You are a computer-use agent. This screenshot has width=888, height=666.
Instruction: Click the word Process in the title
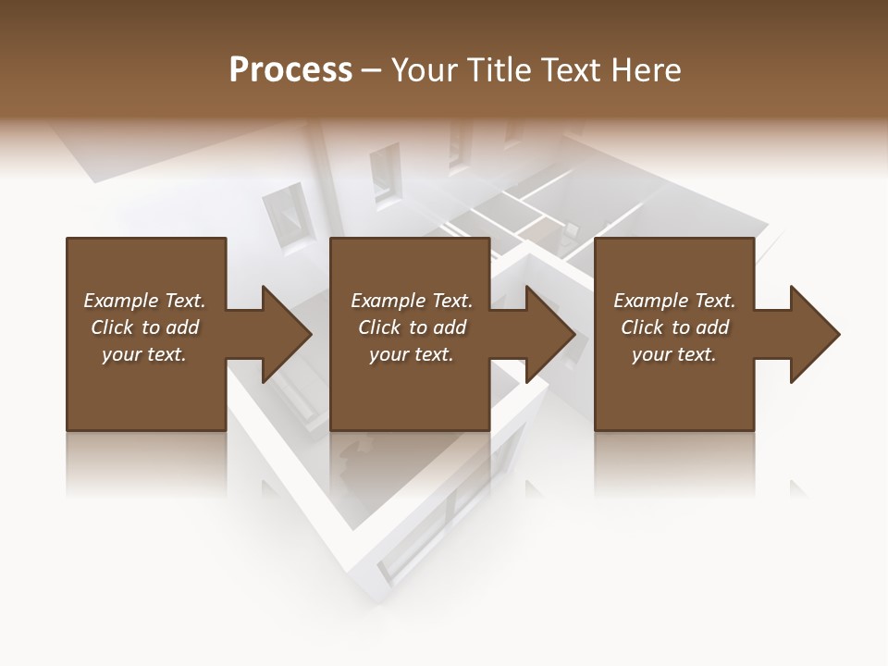pos(290,70)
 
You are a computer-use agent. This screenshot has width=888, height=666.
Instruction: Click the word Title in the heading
pos(496,70)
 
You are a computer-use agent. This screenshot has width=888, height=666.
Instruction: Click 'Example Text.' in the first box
pos(144,301)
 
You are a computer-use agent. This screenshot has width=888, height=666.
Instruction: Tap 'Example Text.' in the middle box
pos(412,301)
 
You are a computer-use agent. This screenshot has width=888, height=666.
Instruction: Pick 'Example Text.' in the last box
pos(674,301)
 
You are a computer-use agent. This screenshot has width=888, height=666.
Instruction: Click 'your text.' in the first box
pos(144,354)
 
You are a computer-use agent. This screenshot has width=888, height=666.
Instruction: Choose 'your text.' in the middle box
pos(412,354)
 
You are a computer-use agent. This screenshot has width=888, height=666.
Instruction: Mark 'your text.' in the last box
pos(674,354)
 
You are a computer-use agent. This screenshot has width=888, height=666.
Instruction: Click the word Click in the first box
pos(111,327)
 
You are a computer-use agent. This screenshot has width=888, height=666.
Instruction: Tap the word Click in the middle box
pos(378,327)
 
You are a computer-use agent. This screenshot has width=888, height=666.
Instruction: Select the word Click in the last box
pos(641,327)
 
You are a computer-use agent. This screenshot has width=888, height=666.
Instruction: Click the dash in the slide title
pos(372,70)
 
